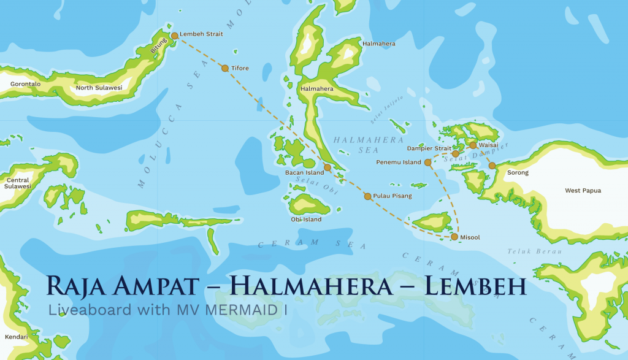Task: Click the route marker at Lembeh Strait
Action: tap(175, 36)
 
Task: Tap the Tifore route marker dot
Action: tap(225, 68)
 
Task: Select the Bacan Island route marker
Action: tap(327, 167)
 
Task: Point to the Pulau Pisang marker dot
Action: tap(367, 196)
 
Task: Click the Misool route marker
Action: tap(454, 236)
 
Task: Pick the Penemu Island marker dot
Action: tap(427, 163)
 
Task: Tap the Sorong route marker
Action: tap(492, 166)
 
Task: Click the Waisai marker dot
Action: tap(473, 145)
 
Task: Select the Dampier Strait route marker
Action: tap(456, 154)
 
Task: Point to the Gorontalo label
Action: tap(25, 84)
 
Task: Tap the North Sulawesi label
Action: tap(99, 88)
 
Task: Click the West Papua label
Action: tap(583, 191)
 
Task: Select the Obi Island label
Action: tap(306, 220)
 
